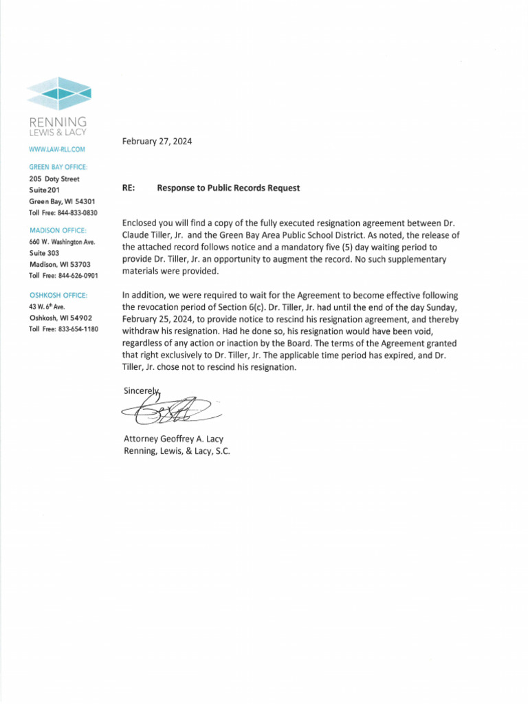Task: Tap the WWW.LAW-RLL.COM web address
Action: [x=57, y=149]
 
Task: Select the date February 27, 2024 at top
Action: [x=157, y=142]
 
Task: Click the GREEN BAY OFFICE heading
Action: [x=58, y=167]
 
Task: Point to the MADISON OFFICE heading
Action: [x=57, y=230]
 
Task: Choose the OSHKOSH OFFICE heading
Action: [x=58, y=295]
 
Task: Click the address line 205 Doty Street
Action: [x=54, y=179]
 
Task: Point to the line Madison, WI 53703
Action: [x=59, y=264]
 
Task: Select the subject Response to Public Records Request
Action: [x=228, y=188]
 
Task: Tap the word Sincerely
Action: [x=141, y=390]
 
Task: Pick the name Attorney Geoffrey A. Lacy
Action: [x=173, y=439]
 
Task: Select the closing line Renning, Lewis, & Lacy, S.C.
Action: [x=177, y=451]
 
